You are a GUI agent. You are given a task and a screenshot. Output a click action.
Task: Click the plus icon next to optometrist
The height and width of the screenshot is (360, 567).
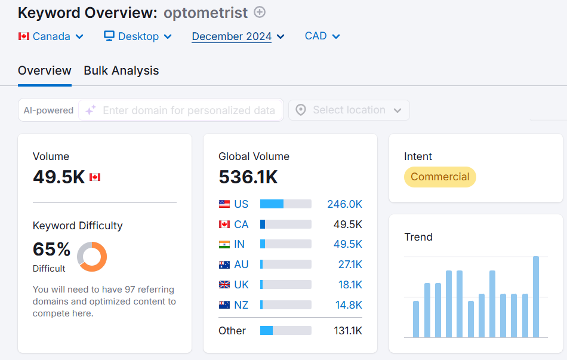coord(260,12)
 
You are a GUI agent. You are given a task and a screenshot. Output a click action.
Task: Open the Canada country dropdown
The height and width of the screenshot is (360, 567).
coord(51,36)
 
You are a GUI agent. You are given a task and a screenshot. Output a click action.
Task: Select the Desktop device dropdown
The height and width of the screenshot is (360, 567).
coord(138,36)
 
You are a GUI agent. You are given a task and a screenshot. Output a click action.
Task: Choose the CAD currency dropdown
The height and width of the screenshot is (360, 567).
coord(322,36)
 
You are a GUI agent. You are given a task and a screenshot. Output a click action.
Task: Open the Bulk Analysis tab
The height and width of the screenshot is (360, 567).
coord(121,70)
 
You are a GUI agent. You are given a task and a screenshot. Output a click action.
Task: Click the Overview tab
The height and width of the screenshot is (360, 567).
coord(45,70)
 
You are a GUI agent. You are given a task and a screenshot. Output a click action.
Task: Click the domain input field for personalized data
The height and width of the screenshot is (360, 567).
coord(189,110)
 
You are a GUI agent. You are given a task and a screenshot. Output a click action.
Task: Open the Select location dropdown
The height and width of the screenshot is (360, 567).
coord(349,110)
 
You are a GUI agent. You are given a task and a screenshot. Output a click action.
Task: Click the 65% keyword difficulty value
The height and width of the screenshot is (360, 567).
coord(52,249)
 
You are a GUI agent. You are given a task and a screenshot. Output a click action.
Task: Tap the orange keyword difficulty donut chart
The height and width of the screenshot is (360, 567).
coord(92,256)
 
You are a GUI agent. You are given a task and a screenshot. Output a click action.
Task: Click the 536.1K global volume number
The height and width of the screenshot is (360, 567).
coord(248,177)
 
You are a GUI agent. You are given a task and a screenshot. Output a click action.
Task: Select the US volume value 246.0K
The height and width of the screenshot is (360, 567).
coord(344,204)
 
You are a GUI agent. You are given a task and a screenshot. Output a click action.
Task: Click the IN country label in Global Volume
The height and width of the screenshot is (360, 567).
coord(239,244)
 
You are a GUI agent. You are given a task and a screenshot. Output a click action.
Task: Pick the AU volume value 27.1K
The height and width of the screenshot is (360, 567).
coord(350,264)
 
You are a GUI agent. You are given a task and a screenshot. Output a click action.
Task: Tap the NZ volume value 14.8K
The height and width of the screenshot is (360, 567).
coord(349,305)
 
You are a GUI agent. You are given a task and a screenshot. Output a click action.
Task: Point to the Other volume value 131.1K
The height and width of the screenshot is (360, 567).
coord(347,331)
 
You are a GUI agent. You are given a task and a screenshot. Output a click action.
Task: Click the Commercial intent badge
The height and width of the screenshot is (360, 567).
coord(440,177)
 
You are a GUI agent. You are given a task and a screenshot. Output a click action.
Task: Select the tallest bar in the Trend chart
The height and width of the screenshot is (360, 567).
coord(536,296)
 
